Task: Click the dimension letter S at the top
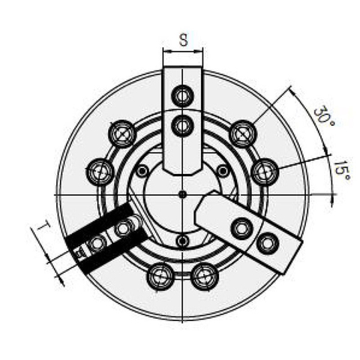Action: [x=184, y=40]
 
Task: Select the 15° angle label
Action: [x=342, y=171]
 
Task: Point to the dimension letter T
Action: [x=43, y=226]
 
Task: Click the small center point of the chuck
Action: [x=183, y=193]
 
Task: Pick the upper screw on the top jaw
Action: [x=182, y=95]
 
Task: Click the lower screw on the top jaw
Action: [x=182, y=125]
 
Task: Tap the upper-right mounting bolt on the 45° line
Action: [x=243, y=133]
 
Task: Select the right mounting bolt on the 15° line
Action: [x=265, y=172]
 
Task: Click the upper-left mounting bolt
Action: [x=122, y=133]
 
